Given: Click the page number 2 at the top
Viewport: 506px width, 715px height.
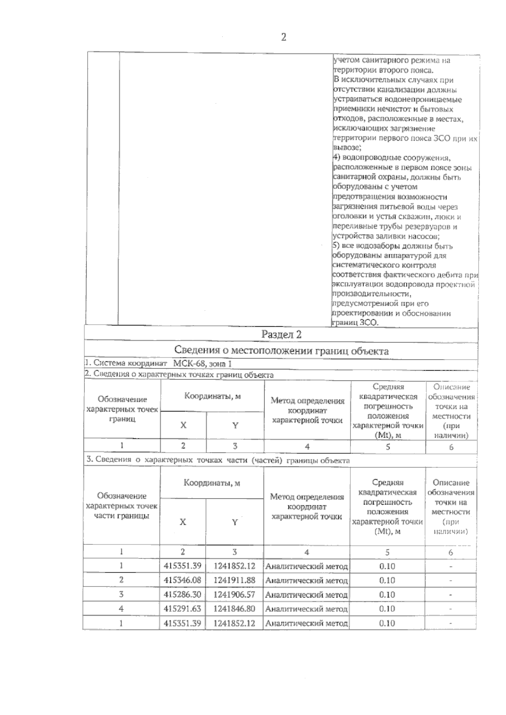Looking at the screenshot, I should (x=283, y=37).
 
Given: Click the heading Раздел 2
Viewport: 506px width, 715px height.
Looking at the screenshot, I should (x=281, y=335).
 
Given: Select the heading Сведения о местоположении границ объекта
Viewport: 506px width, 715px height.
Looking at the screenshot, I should (x=281, y=351).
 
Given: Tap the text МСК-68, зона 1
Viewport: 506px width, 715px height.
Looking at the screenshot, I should (x=202, y=364).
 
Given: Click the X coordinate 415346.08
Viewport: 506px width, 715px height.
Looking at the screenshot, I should (x=183, y=580).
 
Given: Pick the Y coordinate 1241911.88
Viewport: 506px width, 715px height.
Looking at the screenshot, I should (x=234, y=580).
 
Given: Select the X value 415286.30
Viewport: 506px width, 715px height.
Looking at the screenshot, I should (x=183, y=595).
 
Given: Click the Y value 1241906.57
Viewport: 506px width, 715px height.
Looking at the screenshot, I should (x=234, y=595).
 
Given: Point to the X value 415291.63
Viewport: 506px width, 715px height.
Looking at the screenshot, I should (x=183, y=608).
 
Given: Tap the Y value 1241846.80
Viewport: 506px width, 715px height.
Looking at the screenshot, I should (x=234, y=608).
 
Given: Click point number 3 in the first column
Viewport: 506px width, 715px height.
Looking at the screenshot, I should (x=121, y=595).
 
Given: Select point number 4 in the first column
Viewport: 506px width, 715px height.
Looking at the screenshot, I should (x=121, y=608).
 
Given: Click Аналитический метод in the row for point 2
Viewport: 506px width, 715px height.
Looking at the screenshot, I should (x=307, y=581).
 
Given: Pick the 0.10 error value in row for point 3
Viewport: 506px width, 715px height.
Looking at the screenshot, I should (x=387, y=595).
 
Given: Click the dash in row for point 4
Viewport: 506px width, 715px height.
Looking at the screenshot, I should (x=451, y=609).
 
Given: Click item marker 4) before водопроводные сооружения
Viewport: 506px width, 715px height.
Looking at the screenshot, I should (x=337, y=158).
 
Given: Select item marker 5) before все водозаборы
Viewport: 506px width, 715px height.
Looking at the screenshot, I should (x=337, y=246).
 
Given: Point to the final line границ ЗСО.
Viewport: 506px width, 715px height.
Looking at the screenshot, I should (x=355, y=323).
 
